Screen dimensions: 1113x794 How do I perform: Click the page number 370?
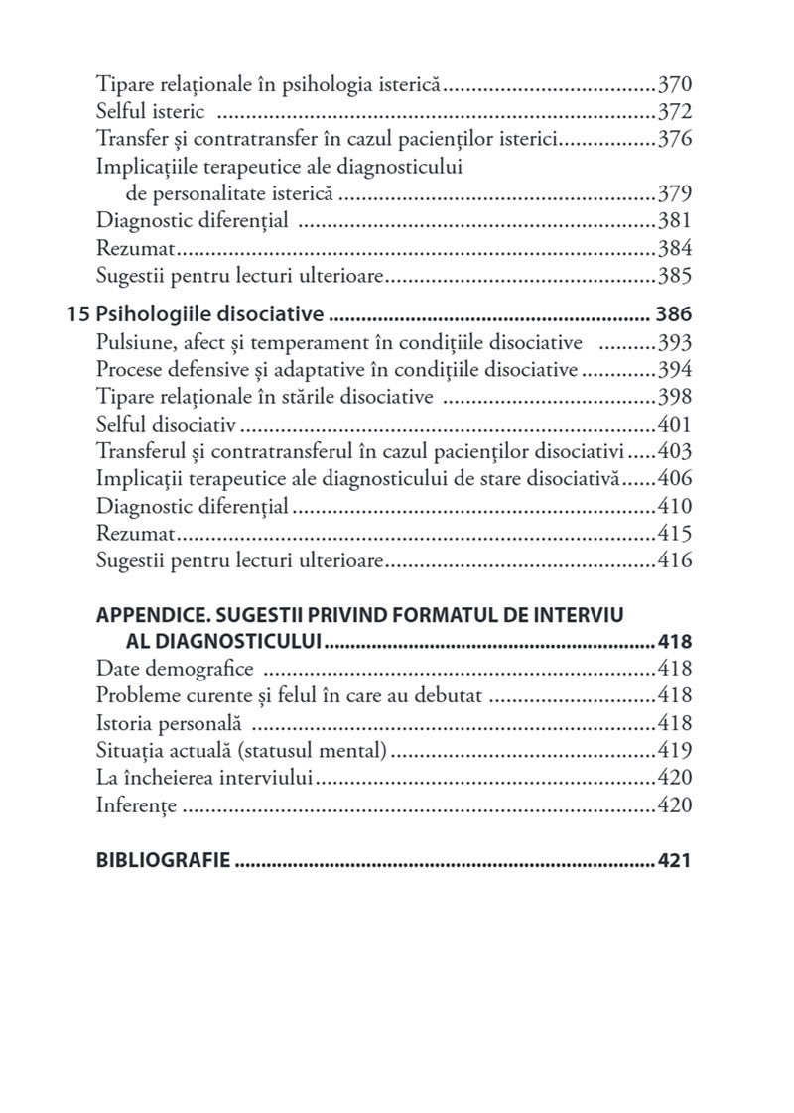point(674,83)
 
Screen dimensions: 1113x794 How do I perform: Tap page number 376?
point(674,138)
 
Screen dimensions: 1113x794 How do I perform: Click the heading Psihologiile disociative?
point(210,316)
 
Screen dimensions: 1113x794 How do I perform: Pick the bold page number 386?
point(673,316)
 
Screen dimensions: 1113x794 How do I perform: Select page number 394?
point(674,371)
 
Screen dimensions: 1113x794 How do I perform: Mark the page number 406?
point(674,479)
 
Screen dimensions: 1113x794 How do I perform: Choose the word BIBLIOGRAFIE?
point(163,859)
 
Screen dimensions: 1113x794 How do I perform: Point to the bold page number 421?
point(674,859)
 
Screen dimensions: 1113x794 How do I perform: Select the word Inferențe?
point(136,804)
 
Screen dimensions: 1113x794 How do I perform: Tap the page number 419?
point(674,750)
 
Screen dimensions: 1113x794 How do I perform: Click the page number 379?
point(674,192)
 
